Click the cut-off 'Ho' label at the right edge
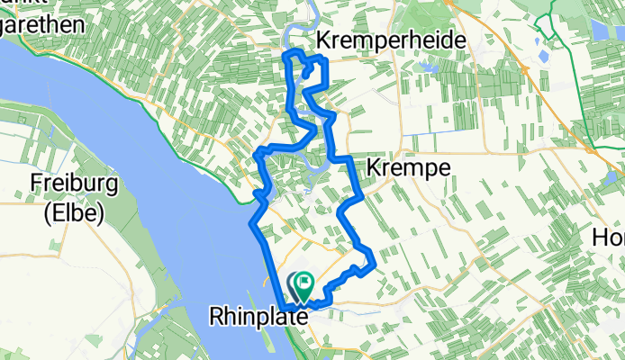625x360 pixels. coord(608,237)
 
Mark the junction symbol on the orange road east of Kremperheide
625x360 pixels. coord(522,68)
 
